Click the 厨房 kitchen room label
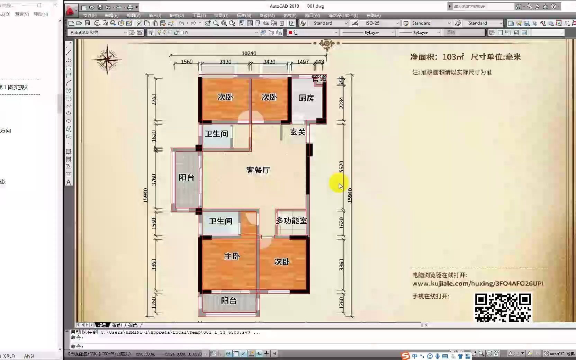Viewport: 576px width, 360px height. [x=306, y=98]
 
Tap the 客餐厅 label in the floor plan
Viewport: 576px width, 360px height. [x=258, y=170]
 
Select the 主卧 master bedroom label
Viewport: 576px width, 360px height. [x=232, y=256]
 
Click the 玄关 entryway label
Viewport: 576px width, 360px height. [x=298, y=132]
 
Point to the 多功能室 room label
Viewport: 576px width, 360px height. [x=291, y=221]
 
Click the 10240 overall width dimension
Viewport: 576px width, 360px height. [x=249, y=53]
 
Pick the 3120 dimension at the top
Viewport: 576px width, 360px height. [x=225, y=62]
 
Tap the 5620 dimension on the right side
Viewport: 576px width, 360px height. [x=341, y=166]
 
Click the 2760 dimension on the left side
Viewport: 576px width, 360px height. [x=154, y=99]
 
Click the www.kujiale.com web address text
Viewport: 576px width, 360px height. [x=478, y=283]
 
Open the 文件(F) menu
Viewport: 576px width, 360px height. [x=90, y=16]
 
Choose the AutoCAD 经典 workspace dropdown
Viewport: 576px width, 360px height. [x=98, y=33]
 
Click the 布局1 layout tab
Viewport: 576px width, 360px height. [x=117, y=325]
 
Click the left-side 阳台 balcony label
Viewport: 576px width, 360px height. [x=186, y=177]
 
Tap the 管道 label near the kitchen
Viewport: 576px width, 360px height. [x=319, y=79]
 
